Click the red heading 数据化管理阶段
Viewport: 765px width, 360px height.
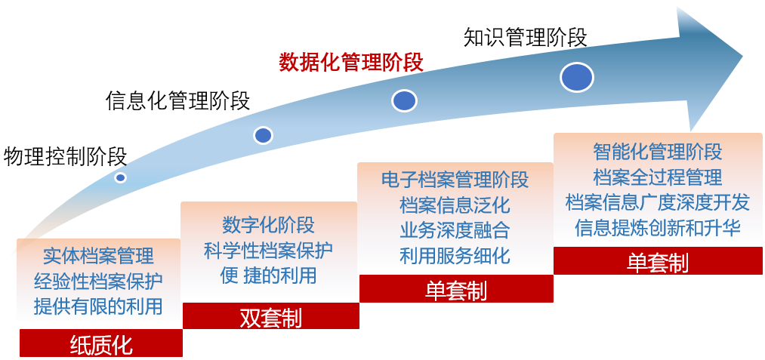351,63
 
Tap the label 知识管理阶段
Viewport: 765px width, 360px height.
525,37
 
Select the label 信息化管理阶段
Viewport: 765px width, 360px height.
177,100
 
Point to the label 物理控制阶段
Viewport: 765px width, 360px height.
65,156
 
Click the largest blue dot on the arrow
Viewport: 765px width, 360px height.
576,77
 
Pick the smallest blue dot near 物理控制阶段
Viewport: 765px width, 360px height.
120,177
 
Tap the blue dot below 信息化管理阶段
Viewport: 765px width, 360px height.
263,135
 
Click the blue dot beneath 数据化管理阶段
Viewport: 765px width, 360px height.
404,100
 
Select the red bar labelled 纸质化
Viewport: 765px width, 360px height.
100,343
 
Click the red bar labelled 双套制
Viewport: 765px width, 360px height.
270,317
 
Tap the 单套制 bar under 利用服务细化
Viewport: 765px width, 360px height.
455,289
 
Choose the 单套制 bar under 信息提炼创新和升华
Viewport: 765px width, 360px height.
657,261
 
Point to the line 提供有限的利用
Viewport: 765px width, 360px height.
98,306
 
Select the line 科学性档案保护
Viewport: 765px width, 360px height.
268,250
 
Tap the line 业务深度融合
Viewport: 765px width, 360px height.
455,229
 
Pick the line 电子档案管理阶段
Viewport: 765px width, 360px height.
455,180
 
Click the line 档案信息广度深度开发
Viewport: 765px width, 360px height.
657,202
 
